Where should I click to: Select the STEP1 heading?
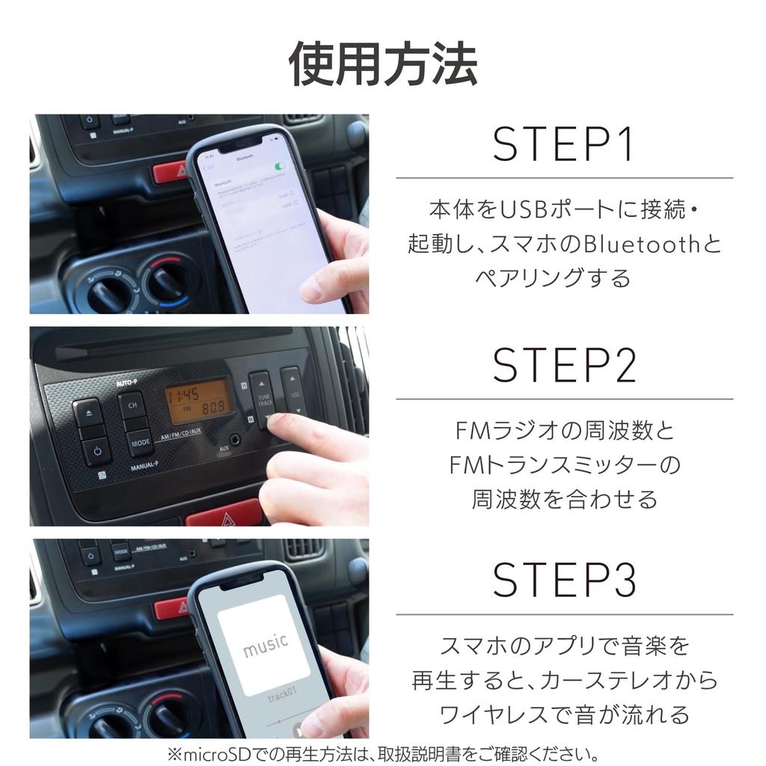[563, 145]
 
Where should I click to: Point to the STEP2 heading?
[563, 366]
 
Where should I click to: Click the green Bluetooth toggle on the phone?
[280, 166]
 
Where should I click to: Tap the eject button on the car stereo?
[89, 413]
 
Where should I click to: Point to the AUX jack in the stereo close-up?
[237, 440]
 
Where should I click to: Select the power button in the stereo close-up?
[94, 452]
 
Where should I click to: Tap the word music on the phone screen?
[265, 643]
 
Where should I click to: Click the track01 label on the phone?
[282, 698]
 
